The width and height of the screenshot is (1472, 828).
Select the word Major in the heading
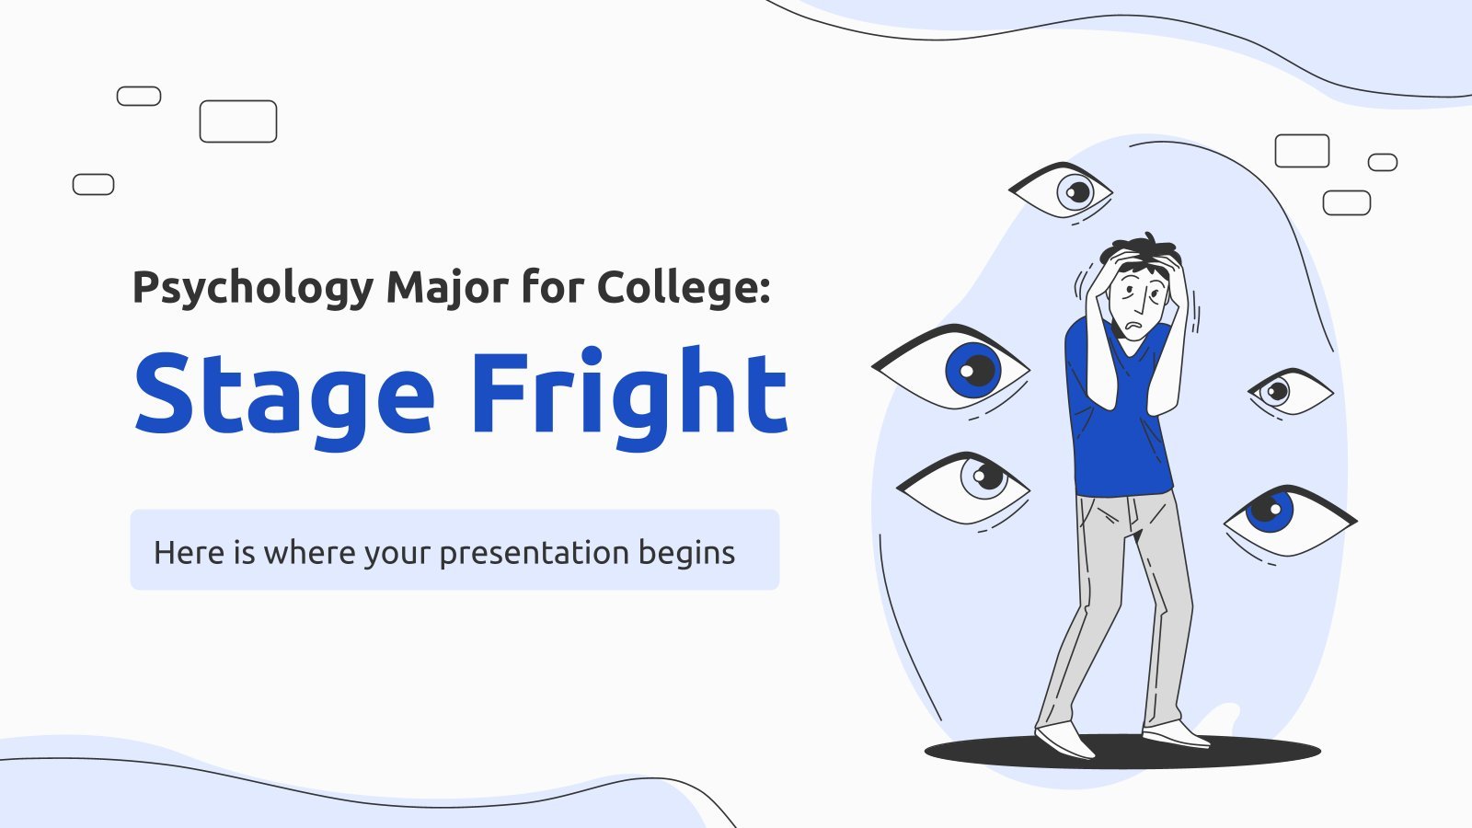coord(447,288)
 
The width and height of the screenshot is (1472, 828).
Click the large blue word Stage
coord(284,397)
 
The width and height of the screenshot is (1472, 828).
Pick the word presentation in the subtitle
coord(535,553)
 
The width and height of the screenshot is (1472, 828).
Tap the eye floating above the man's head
coord(1061,191)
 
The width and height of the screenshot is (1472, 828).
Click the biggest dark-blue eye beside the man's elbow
coord(951,369)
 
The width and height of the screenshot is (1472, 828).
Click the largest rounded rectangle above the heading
coord(238,121)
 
